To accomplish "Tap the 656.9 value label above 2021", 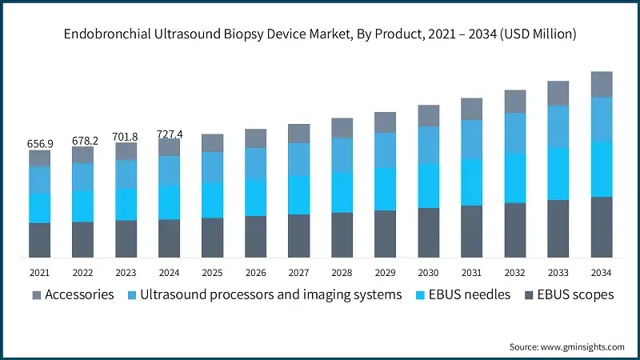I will (40, 144).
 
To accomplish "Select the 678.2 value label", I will (83, 140).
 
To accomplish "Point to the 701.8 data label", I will (126, 137).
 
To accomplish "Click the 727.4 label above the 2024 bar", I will (169, 134).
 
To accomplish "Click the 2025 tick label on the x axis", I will (212, 273).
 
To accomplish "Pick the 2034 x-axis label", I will (601, 273).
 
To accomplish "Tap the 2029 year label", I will (385, 273).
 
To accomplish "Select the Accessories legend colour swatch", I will (37, 295).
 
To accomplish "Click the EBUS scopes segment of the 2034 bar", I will (601, 227).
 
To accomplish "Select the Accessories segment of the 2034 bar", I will (601, 84).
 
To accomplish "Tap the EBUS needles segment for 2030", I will (428, 186).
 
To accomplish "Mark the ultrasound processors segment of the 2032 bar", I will (514, 133).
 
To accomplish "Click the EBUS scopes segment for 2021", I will (40, 240).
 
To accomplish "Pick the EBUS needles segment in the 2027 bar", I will (298, 194).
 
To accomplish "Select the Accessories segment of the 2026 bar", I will (255, 138).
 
